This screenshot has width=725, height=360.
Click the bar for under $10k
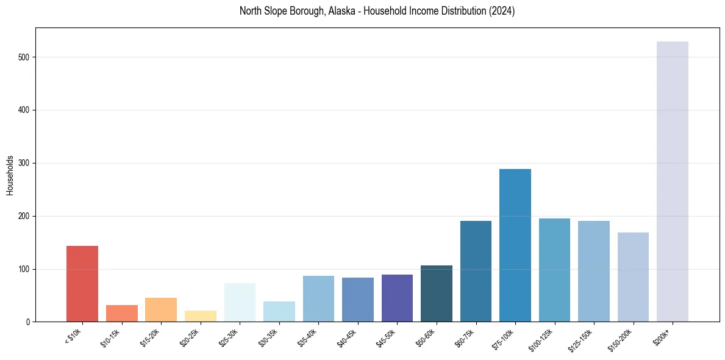82,284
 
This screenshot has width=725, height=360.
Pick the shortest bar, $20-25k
200,316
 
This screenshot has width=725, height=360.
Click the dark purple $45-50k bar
397,298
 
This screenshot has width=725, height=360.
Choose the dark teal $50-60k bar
437,293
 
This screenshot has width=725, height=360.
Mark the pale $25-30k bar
240,303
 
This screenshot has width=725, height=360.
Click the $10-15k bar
122,314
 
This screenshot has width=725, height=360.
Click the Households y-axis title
10,175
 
